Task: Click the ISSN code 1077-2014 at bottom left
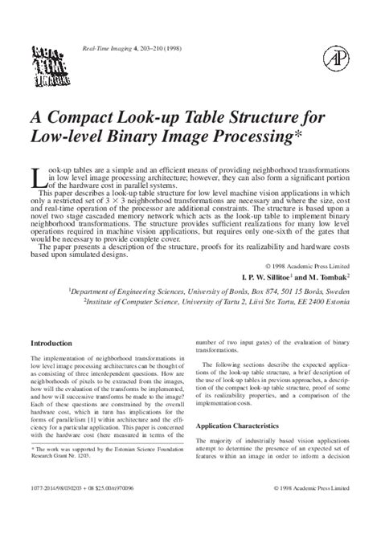(47, 510)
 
